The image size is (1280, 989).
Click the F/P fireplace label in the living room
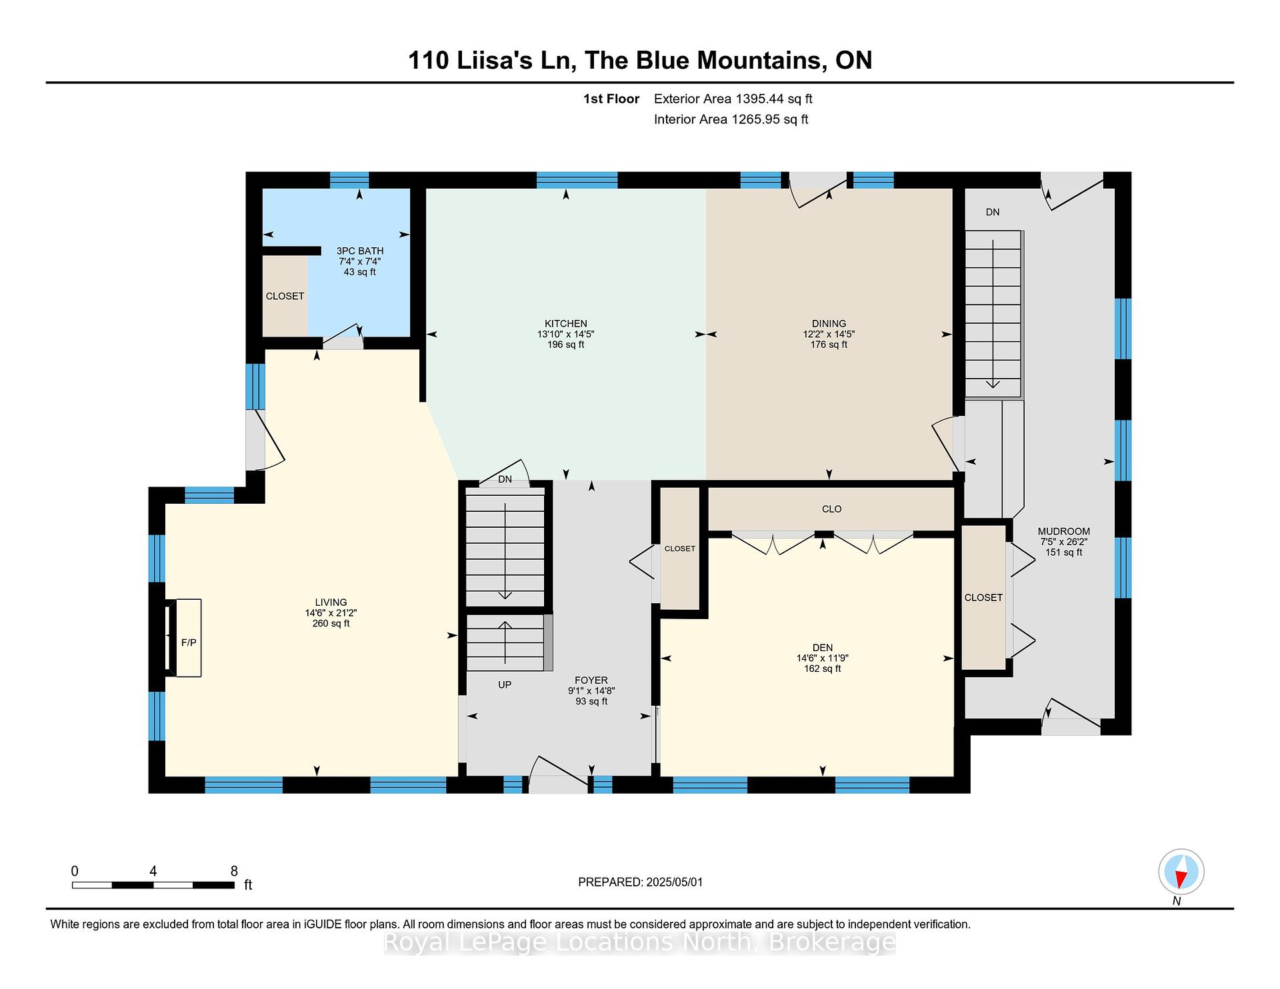coord(189,642)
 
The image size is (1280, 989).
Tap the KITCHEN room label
coord(566,323)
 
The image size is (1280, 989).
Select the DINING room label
coord(829,323)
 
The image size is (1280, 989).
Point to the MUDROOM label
coord(1064,531)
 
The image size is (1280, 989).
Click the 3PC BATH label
coord(360,251)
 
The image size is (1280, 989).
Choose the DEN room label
coord(823,647)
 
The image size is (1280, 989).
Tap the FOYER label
coord(591,680)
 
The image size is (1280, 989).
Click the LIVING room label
coord(331,602)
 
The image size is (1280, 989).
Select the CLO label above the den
coord(832,508)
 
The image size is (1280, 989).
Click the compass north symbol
coord(1181,872)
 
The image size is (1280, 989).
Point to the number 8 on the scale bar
coord(234,871)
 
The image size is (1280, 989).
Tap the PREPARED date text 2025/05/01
coord(674,882)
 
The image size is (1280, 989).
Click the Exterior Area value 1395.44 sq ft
coord(774,99)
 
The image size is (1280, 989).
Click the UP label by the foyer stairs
coord(505,684)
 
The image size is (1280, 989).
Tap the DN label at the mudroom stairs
coord(993,212)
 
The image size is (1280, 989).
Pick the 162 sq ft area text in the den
coord(823,668)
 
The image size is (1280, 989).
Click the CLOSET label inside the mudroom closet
coord(983,597)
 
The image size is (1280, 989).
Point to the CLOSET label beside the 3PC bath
coord(285,296)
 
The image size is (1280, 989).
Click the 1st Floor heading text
coord(611,99)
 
